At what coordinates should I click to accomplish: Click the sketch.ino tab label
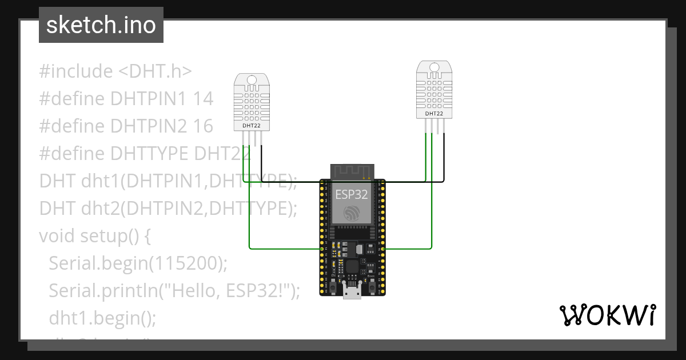101,25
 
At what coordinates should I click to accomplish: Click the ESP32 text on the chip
352,194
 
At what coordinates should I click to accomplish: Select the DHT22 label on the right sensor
434,114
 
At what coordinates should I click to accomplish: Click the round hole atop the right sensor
434,67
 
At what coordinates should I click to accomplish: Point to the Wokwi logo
607,315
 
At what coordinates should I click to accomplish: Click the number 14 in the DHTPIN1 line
203,99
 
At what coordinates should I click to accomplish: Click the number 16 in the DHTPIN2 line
203,126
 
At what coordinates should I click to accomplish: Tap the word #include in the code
76,71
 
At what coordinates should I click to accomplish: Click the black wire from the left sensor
262,163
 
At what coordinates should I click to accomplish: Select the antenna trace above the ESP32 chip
352,170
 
